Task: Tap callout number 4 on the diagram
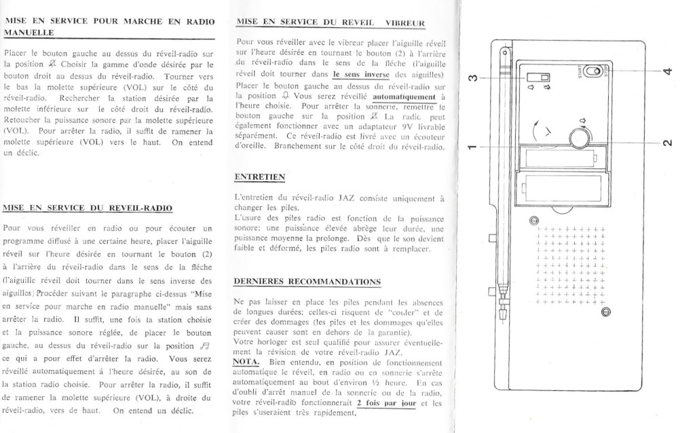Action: (667, 71)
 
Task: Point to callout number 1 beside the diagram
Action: (473, 148)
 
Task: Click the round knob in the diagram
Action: (579, 138)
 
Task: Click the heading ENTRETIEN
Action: (259, 176)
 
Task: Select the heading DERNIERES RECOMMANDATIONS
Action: (307, 281)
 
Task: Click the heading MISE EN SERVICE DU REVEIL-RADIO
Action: (88, 208)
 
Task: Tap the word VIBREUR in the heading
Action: (405, 23)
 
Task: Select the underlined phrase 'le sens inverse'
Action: (360, 75)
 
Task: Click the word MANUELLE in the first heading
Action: (29, 32)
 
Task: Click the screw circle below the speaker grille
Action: (606, 312)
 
